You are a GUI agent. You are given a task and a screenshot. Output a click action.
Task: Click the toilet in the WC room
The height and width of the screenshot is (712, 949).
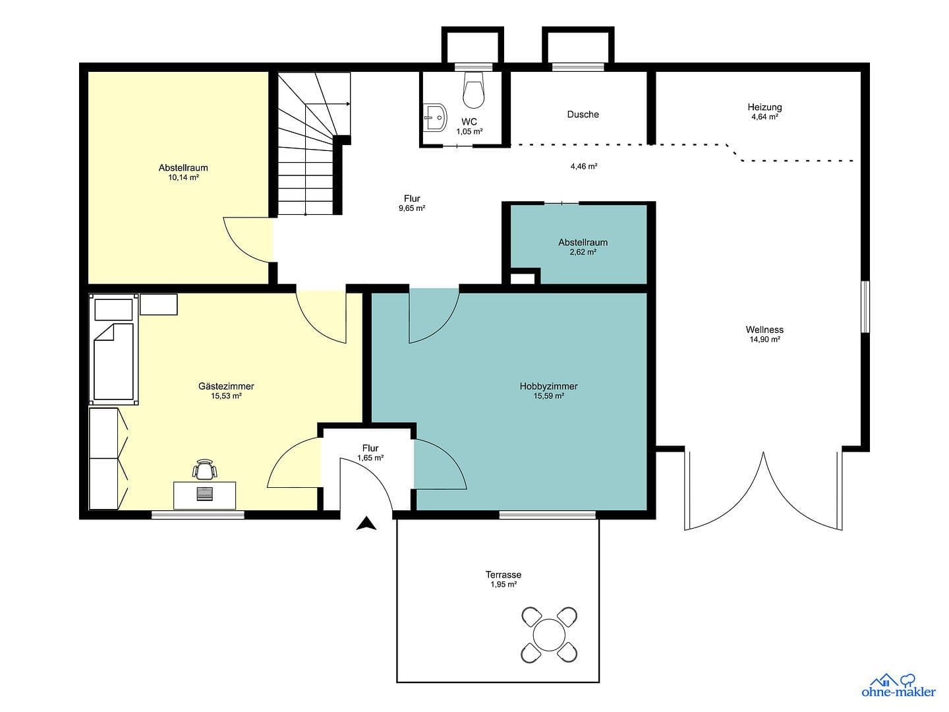tap(474, 90)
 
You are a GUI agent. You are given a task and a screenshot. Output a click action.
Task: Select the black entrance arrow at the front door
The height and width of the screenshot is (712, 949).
tap(366, 523)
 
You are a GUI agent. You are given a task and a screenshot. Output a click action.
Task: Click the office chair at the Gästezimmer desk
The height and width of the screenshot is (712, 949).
tap(205, 469)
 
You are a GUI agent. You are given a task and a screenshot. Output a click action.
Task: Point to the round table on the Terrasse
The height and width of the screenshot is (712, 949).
tap(549, 636)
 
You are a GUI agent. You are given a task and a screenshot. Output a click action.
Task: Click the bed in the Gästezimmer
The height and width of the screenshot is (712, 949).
tap(115, 362)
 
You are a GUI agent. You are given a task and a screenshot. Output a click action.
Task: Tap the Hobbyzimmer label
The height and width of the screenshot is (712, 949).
tap(548, 386)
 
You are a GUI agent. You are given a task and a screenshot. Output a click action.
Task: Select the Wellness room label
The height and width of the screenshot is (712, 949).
tap(764, 330)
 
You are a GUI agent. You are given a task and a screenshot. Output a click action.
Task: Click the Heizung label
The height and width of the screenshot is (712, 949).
tap(764, 107)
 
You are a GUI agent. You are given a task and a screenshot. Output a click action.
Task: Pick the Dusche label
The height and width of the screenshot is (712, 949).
tap(583, 114)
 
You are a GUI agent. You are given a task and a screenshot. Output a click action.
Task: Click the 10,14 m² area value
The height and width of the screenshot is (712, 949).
tap(183, 177)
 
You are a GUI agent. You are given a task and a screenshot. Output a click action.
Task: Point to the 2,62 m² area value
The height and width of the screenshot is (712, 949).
tap(583, 252)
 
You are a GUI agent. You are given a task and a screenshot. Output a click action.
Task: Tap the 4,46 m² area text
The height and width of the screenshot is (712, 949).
tap(583, 167)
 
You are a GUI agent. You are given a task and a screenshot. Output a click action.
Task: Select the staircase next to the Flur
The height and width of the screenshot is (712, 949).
tap(307, 145)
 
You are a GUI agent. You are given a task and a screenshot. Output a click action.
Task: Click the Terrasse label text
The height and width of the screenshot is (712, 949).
tap(503, 574)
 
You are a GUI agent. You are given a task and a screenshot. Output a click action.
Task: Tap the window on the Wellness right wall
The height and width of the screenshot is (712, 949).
tap(865, 307)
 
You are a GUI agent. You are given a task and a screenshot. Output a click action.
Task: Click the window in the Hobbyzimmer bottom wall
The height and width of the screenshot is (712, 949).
tap(547, 514)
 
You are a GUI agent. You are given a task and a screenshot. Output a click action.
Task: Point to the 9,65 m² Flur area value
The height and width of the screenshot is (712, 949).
tap(411, 208)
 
